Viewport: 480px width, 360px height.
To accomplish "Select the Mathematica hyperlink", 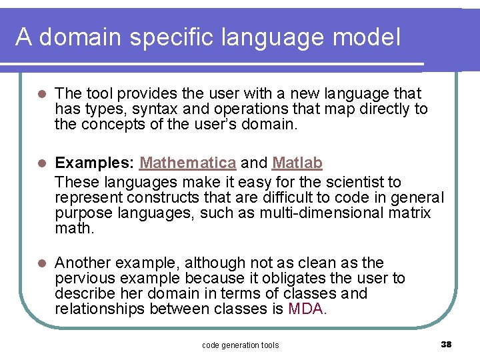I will tap(188, 163).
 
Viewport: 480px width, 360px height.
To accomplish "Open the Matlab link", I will tap(297, 163).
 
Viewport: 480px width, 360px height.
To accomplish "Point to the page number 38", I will tap(446, 344).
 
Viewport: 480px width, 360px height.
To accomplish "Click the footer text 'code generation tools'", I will tap(240, 345).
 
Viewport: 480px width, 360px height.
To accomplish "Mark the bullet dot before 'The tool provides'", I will tap(41, 94).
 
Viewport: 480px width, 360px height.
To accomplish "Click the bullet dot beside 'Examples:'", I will tap(41, 163).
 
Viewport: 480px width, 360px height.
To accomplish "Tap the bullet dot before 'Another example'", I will tap(41, 263).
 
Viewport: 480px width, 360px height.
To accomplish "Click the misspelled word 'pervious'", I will tap(82, 278).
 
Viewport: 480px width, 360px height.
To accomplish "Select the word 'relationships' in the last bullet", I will tap(100, 309).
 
